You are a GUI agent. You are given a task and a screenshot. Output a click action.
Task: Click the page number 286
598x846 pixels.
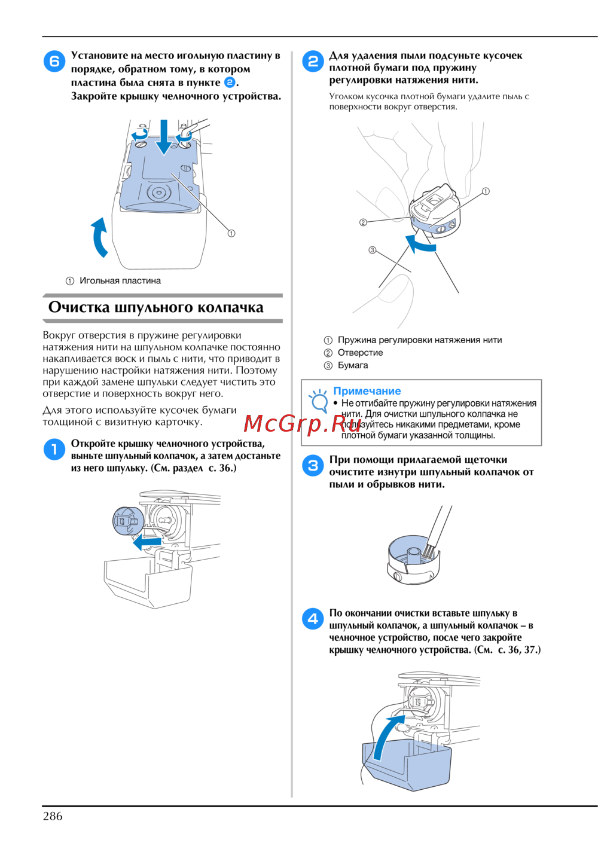point(53,816)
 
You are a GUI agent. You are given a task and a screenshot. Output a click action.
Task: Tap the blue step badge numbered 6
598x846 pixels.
point(54,61)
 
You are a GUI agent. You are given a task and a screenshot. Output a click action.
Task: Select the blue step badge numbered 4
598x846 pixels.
point(313,619)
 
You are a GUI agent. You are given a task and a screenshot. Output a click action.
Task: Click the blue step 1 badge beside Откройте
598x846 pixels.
point(54,449)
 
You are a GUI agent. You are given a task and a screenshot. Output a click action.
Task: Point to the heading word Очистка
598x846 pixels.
point(79,307)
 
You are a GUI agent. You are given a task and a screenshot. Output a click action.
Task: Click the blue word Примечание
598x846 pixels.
point(367,391)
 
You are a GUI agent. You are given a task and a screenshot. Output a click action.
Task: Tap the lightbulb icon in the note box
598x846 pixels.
point(318,401)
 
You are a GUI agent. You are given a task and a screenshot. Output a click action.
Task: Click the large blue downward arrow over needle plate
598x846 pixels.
point(163,137)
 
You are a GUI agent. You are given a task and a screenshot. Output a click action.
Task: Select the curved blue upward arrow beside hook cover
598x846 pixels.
point(99,237)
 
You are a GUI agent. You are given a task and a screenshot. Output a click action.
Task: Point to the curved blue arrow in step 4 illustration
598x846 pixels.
point(386,735)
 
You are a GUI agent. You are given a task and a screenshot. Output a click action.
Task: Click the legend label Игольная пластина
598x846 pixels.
point(120,281)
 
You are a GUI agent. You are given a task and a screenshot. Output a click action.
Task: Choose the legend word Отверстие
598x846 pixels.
point(360,353)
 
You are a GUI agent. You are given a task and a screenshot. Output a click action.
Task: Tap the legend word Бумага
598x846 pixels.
point(353,365)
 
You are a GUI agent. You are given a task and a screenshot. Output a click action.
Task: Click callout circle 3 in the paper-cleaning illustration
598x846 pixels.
point(373,250)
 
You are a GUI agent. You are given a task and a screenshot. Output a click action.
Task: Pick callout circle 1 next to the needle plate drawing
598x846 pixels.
point(231,234)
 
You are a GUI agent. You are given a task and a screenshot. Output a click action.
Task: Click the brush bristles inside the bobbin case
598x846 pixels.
point(428,552)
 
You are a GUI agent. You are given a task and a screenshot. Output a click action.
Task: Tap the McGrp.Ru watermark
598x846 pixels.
point(303,424)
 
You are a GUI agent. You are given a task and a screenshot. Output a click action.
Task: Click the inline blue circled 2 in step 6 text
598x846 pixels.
point(230,83)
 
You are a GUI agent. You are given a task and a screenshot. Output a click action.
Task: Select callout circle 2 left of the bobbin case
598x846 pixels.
point(363,222)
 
